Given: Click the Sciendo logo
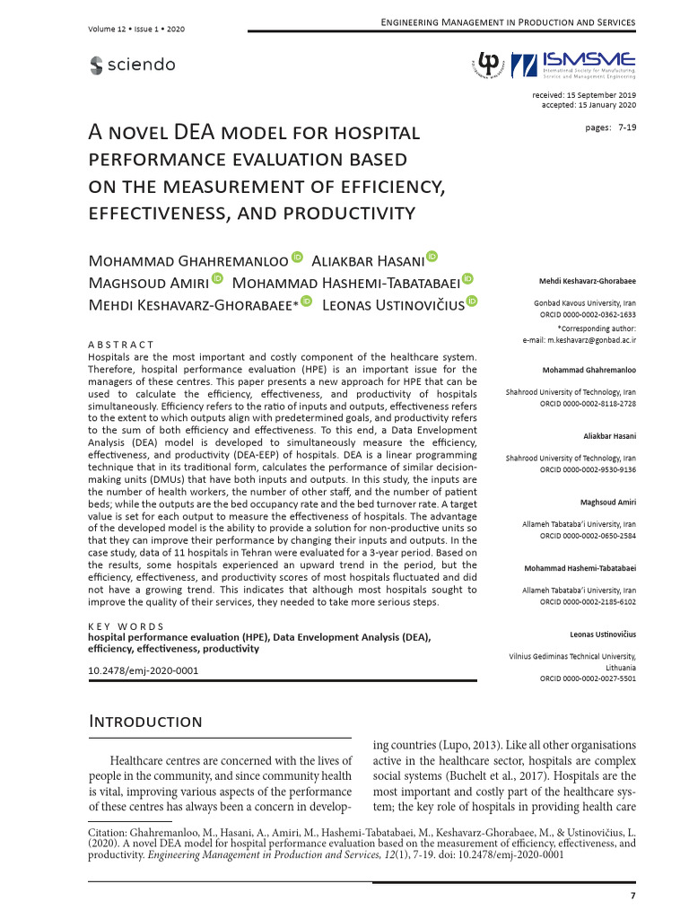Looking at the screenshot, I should point(133,65).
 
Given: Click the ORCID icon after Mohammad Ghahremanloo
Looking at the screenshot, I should point(298,258).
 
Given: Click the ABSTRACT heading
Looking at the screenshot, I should point(121,345).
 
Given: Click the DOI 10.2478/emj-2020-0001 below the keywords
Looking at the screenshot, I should point(143,670).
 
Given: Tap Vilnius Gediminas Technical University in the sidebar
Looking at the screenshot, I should point(572,658).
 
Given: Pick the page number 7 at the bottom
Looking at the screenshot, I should point(632,896).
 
